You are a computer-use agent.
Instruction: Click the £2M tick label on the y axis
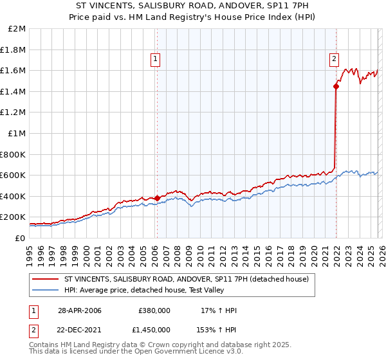(x=17, y=29)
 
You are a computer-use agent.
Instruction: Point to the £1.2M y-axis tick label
(x=14, y=113)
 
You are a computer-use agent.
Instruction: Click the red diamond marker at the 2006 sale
(x=157, y=198)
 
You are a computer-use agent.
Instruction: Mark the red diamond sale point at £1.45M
(x=336, y=86)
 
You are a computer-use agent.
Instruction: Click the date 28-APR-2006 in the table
(x=79, y=310)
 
